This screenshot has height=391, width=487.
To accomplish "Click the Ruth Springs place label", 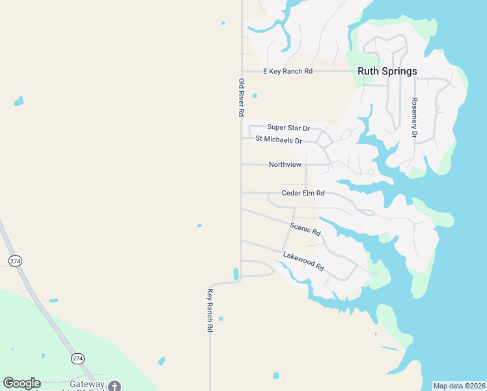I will pos(387,71).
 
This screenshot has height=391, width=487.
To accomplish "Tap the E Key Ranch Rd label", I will pos(288,71).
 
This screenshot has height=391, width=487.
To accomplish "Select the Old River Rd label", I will pos(241,98).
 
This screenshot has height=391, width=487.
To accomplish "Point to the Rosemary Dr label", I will pos(413,117).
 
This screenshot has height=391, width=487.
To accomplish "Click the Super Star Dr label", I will pos(288,128).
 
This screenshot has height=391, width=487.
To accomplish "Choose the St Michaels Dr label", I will pos(279,139).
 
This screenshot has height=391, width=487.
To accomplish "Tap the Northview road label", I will pos(285,165).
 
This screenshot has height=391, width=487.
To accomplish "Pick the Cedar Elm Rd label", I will pos(303,193).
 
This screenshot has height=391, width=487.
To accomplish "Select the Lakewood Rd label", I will pos(303,261).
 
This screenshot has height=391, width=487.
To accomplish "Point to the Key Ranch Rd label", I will pos(210,311).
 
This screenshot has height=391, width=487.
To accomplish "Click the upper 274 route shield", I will pos(15,261).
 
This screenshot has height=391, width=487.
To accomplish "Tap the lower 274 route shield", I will pos(77,358).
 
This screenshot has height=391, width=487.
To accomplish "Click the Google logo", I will pos(21,383).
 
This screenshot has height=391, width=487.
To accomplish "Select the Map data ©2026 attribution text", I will pos(459,386).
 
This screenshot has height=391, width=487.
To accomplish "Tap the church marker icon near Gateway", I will pos(115,386).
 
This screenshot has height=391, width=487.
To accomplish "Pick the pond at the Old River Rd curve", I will pos(236,274).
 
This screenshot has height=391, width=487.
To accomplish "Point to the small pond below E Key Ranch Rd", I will pos(255,96).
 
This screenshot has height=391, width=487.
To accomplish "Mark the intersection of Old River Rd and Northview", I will pos(242,165).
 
